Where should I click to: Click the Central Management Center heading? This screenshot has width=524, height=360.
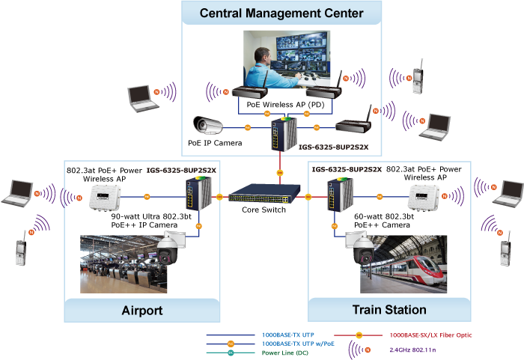pos(281,13)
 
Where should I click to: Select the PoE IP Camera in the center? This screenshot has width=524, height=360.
pos(209,124)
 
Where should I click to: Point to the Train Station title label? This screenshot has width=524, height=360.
pos(389,309)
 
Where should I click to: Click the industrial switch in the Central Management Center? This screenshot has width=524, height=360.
pos(285,132)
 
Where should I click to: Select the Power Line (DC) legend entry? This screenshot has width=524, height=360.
pos(283,352)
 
